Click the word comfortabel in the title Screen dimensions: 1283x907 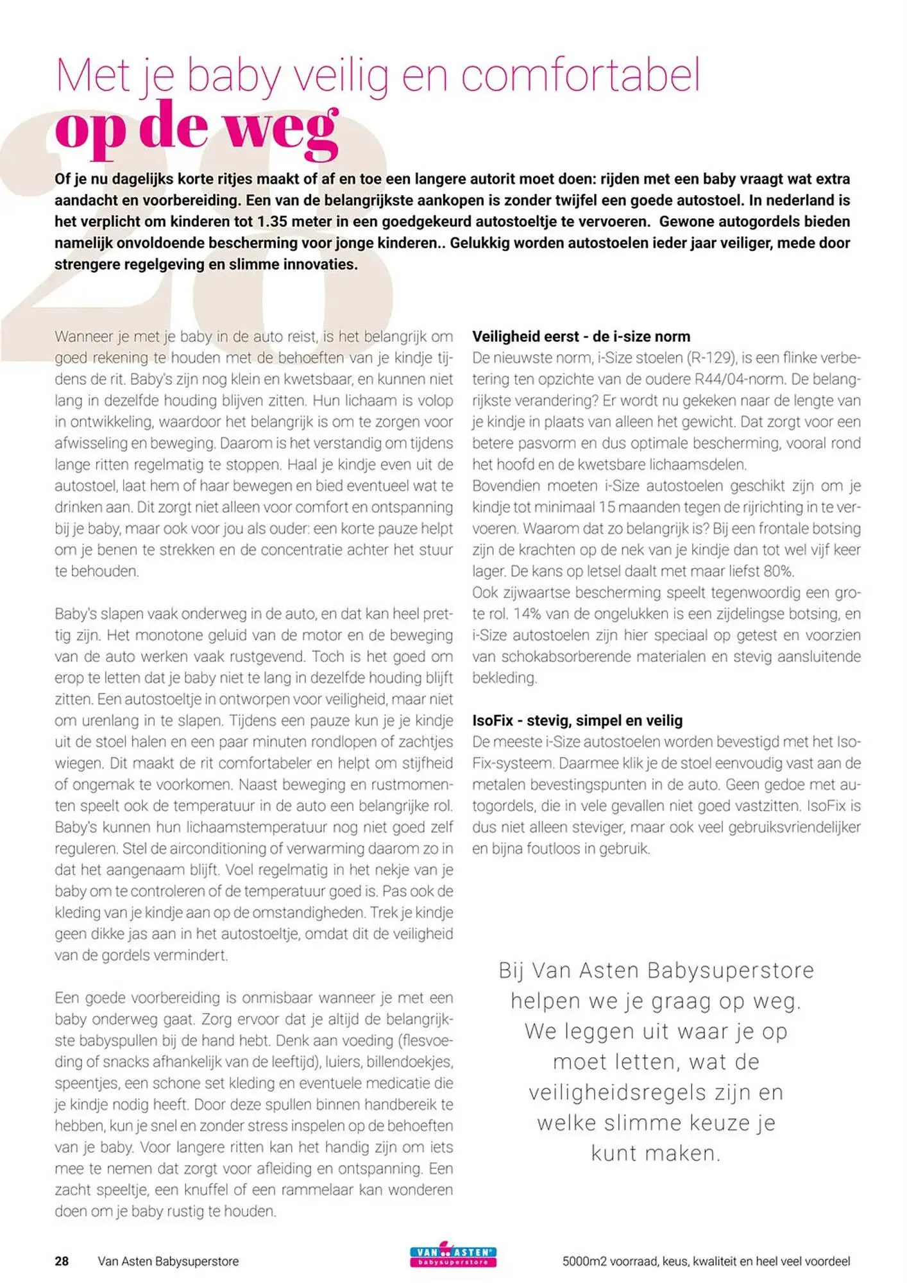tap(581, 76)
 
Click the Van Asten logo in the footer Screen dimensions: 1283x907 tap(453, 1256)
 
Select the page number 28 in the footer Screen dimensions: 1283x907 tap(62, 1261)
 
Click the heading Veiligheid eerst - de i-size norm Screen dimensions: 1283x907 tap(581, 337)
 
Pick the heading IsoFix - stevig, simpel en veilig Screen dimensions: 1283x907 tap(577, 720)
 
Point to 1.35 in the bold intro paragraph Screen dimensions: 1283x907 tap(273, 222)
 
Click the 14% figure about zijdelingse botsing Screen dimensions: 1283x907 tap(528, 614)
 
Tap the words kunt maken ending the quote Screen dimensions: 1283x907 tap(656, 1153)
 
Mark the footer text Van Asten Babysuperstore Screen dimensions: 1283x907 tap(168, 1261)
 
